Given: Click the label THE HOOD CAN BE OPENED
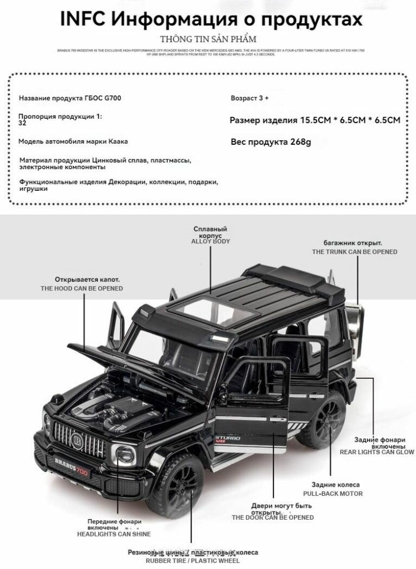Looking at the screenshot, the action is (x=81, y=288).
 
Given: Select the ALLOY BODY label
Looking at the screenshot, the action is (x=210, y=241).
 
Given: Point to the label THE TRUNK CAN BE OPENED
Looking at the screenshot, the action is (x=354, y=251).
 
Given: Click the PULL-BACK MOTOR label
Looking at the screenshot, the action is (x=333, y=494).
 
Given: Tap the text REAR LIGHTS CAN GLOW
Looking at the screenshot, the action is (x=376, y=452).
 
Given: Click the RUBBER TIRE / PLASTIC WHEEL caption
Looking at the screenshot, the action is (x=192, y=561).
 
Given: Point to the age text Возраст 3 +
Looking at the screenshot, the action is (x=249, y=98).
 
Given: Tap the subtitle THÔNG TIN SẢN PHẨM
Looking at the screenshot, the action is (x=208, y=39).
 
